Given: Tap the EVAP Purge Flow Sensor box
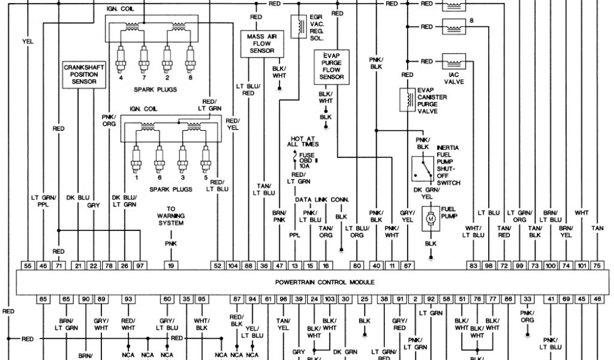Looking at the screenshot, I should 332,65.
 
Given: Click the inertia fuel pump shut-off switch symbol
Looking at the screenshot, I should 423,169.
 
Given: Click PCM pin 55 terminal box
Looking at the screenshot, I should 28,265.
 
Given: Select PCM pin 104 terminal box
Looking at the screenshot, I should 233,265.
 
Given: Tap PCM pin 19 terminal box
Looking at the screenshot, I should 171,265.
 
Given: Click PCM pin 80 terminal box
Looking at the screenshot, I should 356,265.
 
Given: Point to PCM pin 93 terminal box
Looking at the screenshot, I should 128,298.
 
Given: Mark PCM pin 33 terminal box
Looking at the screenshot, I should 528,298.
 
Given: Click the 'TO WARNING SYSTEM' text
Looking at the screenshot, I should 171,215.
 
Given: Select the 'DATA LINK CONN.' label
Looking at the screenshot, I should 322,199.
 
